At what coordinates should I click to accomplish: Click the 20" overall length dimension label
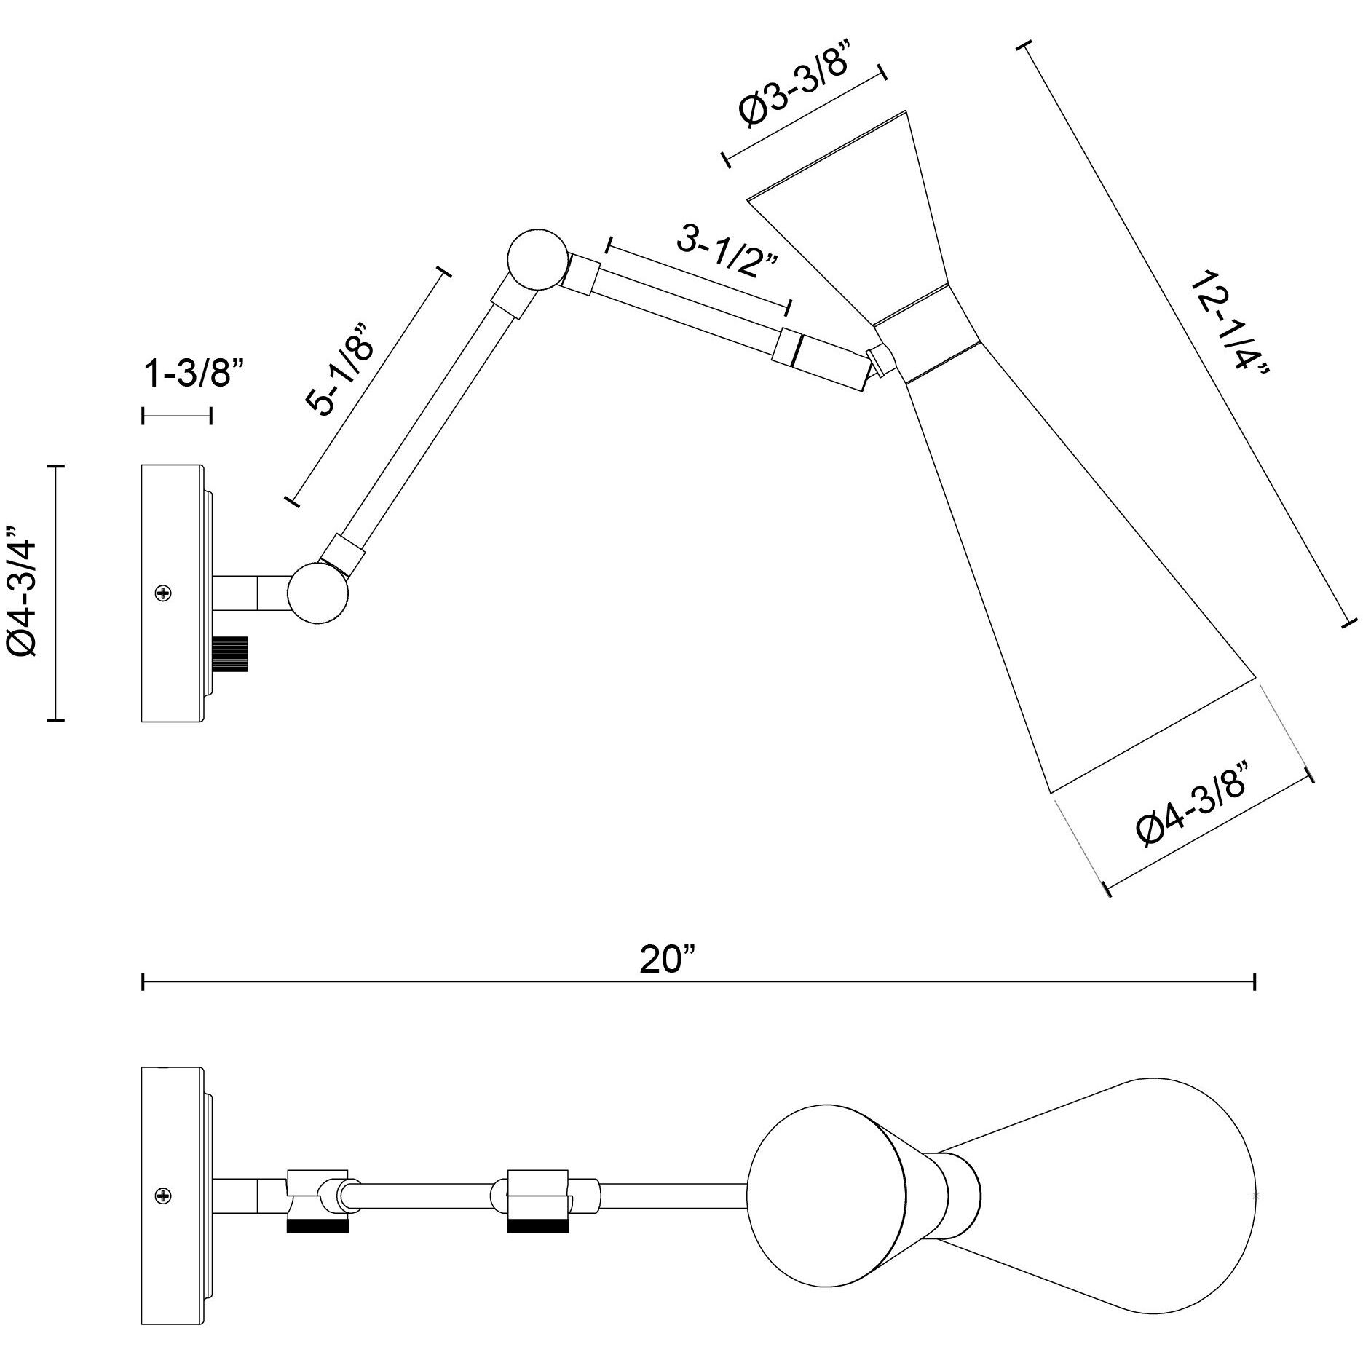[668, 960]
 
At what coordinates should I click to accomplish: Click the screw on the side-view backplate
[164, 593]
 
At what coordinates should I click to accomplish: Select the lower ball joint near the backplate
[318, 591]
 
